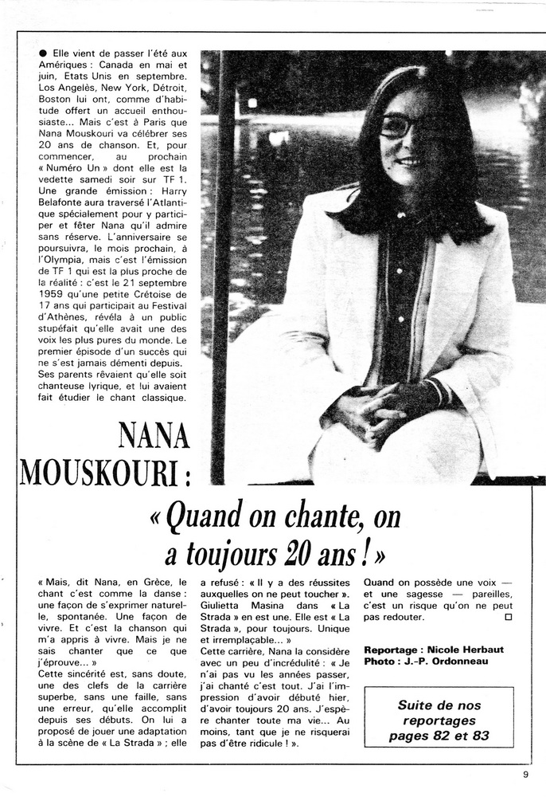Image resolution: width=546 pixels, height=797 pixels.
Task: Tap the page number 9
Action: tap(525, 771)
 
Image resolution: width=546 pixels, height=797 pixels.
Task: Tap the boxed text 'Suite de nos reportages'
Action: tap(440, 714)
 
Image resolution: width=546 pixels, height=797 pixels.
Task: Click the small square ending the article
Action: tap(508, 616)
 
